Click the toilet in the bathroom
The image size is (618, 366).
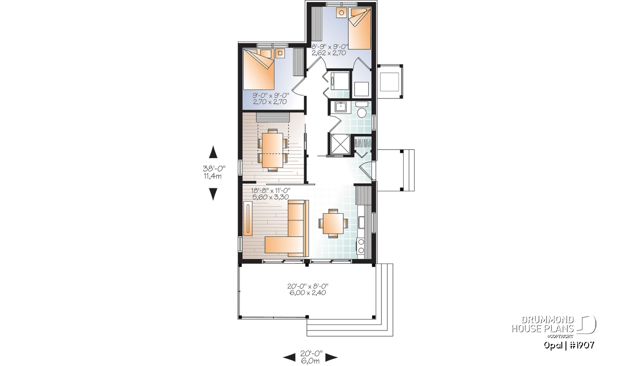(362, 110)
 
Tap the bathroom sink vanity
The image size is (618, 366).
(341, 107)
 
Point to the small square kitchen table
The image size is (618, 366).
(333, 223)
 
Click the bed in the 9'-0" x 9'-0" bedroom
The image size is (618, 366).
(259, 69)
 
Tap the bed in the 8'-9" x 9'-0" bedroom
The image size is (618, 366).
(359, 29)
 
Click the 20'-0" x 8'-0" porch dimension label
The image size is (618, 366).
(308, 289)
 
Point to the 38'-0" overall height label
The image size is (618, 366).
(214, 168)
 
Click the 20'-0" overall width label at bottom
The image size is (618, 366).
(311, 353)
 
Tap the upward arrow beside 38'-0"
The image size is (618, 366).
(213, 152)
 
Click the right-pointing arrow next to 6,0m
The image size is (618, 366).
(332, 358)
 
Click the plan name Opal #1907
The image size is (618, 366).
(569, 345)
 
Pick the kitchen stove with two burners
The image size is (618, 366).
(361, 246)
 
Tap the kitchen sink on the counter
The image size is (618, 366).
(361, 222)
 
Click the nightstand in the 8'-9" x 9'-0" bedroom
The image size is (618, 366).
(341, 13)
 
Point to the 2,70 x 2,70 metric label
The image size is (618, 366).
(270, 102)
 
